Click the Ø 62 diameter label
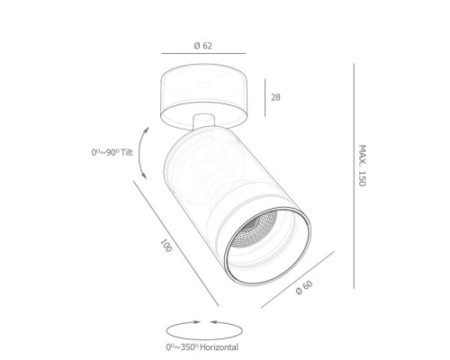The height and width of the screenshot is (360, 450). coord(203,46)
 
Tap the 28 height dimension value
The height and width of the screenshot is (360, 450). coord(275,97)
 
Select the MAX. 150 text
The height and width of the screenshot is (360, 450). coord(363,166)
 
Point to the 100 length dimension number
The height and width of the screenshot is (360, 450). coord(166,246)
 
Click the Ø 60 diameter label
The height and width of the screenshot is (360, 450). coord(304,288)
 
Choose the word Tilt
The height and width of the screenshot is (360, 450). coord(127,152)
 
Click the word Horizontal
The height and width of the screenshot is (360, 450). coord(219,347)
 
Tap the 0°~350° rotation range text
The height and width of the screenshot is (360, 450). coord(182,347)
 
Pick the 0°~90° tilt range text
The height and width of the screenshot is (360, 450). coord(105,152)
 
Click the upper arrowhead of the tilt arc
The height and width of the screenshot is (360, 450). coord(147,130)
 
